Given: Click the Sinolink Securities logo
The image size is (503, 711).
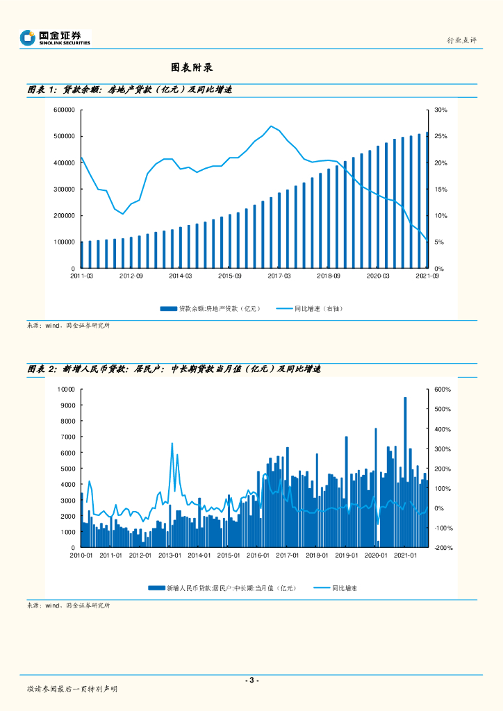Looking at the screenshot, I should pos(55,37).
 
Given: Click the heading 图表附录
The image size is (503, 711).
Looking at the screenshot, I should pos(191,67).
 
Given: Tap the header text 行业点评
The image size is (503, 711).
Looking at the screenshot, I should pos(461,40).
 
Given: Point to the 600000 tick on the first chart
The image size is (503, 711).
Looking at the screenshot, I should pos(63,110).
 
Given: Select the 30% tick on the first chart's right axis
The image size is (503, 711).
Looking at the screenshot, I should pos(441,110).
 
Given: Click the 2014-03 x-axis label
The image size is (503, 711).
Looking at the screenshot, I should pos(180,276).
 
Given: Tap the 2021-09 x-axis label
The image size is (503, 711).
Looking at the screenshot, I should pos(427,276).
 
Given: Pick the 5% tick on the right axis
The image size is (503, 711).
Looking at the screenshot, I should pos(439,242).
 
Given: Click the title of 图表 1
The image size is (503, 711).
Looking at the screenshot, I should pos(129,90).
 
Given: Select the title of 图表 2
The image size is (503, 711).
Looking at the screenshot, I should pos(174,369).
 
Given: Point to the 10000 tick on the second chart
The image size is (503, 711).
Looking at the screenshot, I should pos(67,390).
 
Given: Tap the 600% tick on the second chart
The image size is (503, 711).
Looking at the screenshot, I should pos(443,390).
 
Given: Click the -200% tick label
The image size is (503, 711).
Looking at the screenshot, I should pos(443,548).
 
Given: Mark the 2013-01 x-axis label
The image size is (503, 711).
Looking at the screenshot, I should pos(170,555).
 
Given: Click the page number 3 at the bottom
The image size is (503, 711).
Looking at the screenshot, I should pos(251,680).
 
